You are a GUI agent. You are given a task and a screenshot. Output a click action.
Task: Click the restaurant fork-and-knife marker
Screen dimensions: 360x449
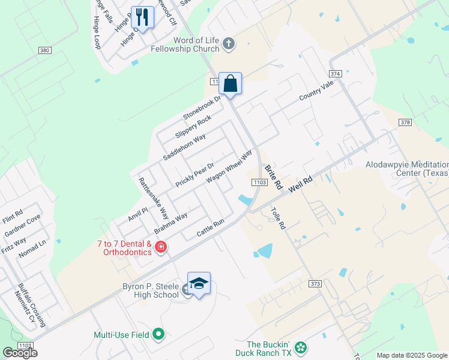coord(142,16)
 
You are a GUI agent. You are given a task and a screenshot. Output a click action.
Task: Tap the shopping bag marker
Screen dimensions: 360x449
coord(230,83)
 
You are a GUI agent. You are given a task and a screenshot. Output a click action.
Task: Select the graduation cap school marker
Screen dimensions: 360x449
coord(199,283)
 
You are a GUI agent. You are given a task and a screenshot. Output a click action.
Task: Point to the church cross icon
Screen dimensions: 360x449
coord(228,43)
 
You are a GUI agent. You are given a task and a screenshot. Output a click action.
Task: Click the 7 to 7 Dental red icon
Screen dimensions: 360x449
coord(160,247)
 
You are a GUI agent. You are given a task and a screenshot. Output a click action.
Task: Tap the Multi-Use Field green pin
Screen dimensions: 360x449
coord(158,334)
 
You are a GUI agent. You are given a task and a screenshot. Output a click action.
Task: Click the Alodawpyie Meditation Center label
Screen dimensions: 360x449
coord(406,169)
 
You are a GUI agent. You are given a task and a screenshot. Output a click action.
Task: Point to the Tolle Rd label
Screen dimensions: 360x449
coord(277,218)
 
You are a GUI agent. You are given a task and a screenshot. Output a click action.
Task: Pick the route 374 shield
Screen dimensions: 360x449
coord(335,73)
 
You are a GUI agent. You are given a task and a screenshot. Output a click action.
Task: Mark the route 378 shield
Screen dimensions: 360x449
coord(405,122)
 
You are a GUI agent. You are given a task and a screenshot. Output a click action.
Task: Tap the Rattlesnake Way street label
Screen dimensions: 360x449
coord(154,197)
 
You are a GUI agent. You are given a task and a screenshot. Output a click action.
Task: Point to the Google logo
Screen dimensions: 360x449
coord(20,353)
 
